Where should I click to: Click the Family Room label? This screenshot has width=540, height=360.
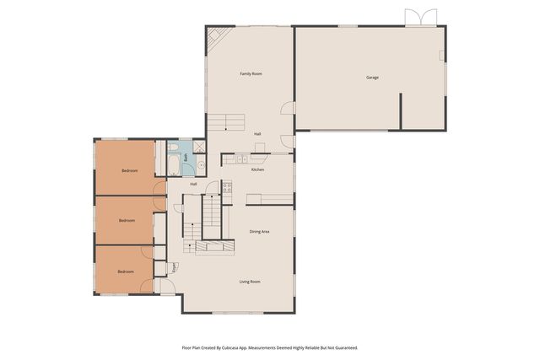click(x=251, y=74)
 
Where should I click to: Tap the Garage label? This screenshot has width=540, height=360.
click(x=372, y=78)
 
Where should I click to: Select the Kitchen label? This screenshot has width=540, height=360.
click(x=257, y=169)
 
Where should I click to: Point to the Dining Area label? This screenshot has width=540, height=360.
click(x=259, y=231)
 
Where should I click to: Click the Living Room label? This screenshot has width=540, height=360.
click(x=250, y=282)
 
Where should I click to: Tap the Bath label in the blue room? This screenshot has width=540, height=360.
click(x=186, y=158)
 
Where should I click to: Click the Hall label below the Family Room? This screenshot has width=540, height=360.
click(x=257, y=134)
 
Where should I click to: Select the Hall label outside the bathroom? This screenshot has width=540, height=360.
click(x=193, y=184)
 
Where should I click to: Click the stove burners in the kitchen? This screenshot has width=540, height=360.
click(x=227, y=187)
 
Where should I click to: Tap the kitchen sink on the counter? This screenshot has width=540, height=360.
click(x=239, y=159)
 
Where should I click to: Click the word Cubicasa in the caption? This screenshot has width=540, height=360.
click(x=245, y=347)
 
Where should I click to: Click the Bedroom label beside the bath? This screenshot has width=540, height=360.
click(x=129, y=171)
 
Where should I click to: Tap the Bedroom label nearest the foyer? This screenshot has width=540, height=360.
click(x=126, y=271)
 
